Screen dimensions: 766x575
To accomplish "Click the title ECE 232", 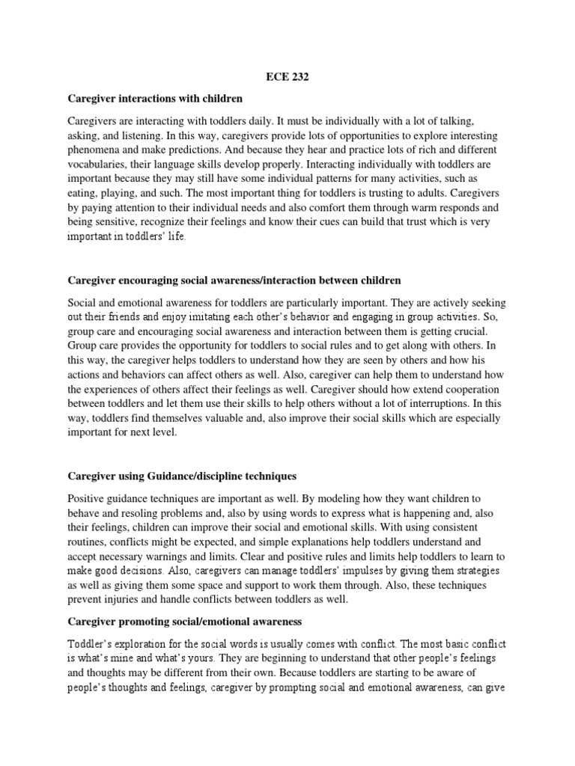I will (287, 76).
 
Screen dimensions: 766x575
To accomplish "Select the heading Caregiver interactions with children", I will (156, 98).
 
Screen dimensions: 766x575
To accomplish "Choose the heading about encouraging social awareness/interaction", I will (234, 281).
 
